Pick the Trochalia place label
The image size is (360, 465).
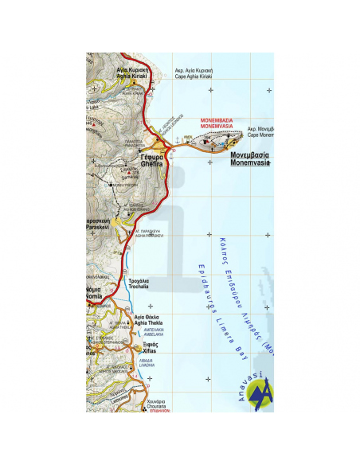pos(139,283)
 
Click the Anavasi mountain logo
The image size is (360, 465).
pos(260,394)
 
